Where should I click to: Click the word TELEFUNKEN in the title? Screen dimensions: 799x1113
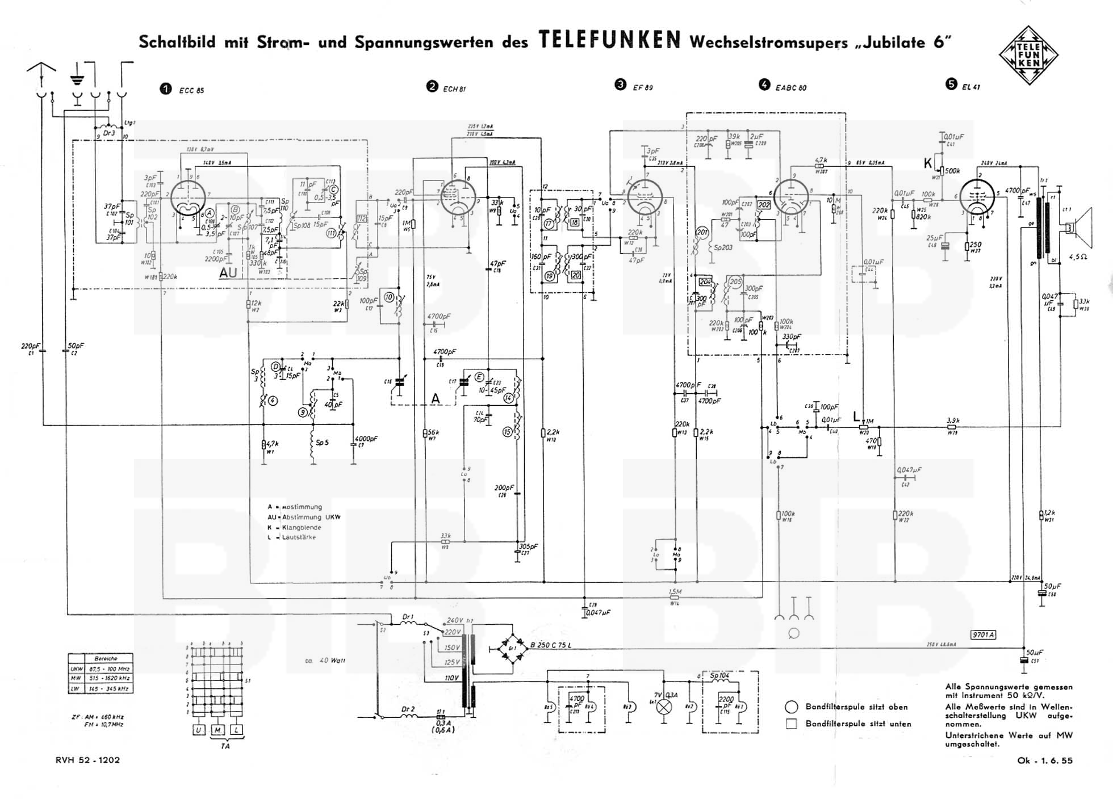click(609, 40)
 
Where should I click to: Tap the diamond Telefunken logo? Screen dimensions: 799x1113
click(1028, 56)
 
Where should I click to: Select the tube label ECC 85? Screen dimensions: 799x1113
click(191, 90)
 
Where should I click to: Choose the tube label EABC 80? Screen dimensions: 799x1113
click(790, 87)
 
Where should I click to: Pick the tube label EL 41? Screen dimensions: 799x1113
click(970, 87)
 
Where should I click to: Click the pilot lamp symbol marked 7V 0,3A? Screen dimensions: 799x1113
click(664, 707)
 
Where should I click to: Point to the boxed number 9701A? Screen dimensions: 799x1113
click(983, 635)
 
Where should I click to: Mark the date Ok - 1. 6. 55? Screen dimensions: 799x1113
click(1045, 760)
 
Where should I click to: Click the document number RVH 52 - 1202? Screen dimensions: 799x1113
click(88, 760)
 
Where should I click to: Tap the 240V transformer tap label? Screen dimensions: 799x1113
click(455, 620)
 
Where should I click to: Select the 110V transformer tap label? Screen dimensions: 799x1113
click(451, 678)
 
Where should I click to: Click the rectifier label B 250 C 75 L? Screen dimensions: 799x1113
click(551, 645)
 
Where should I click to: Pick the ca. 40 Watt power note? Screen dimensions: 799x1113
click(325, 661)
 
